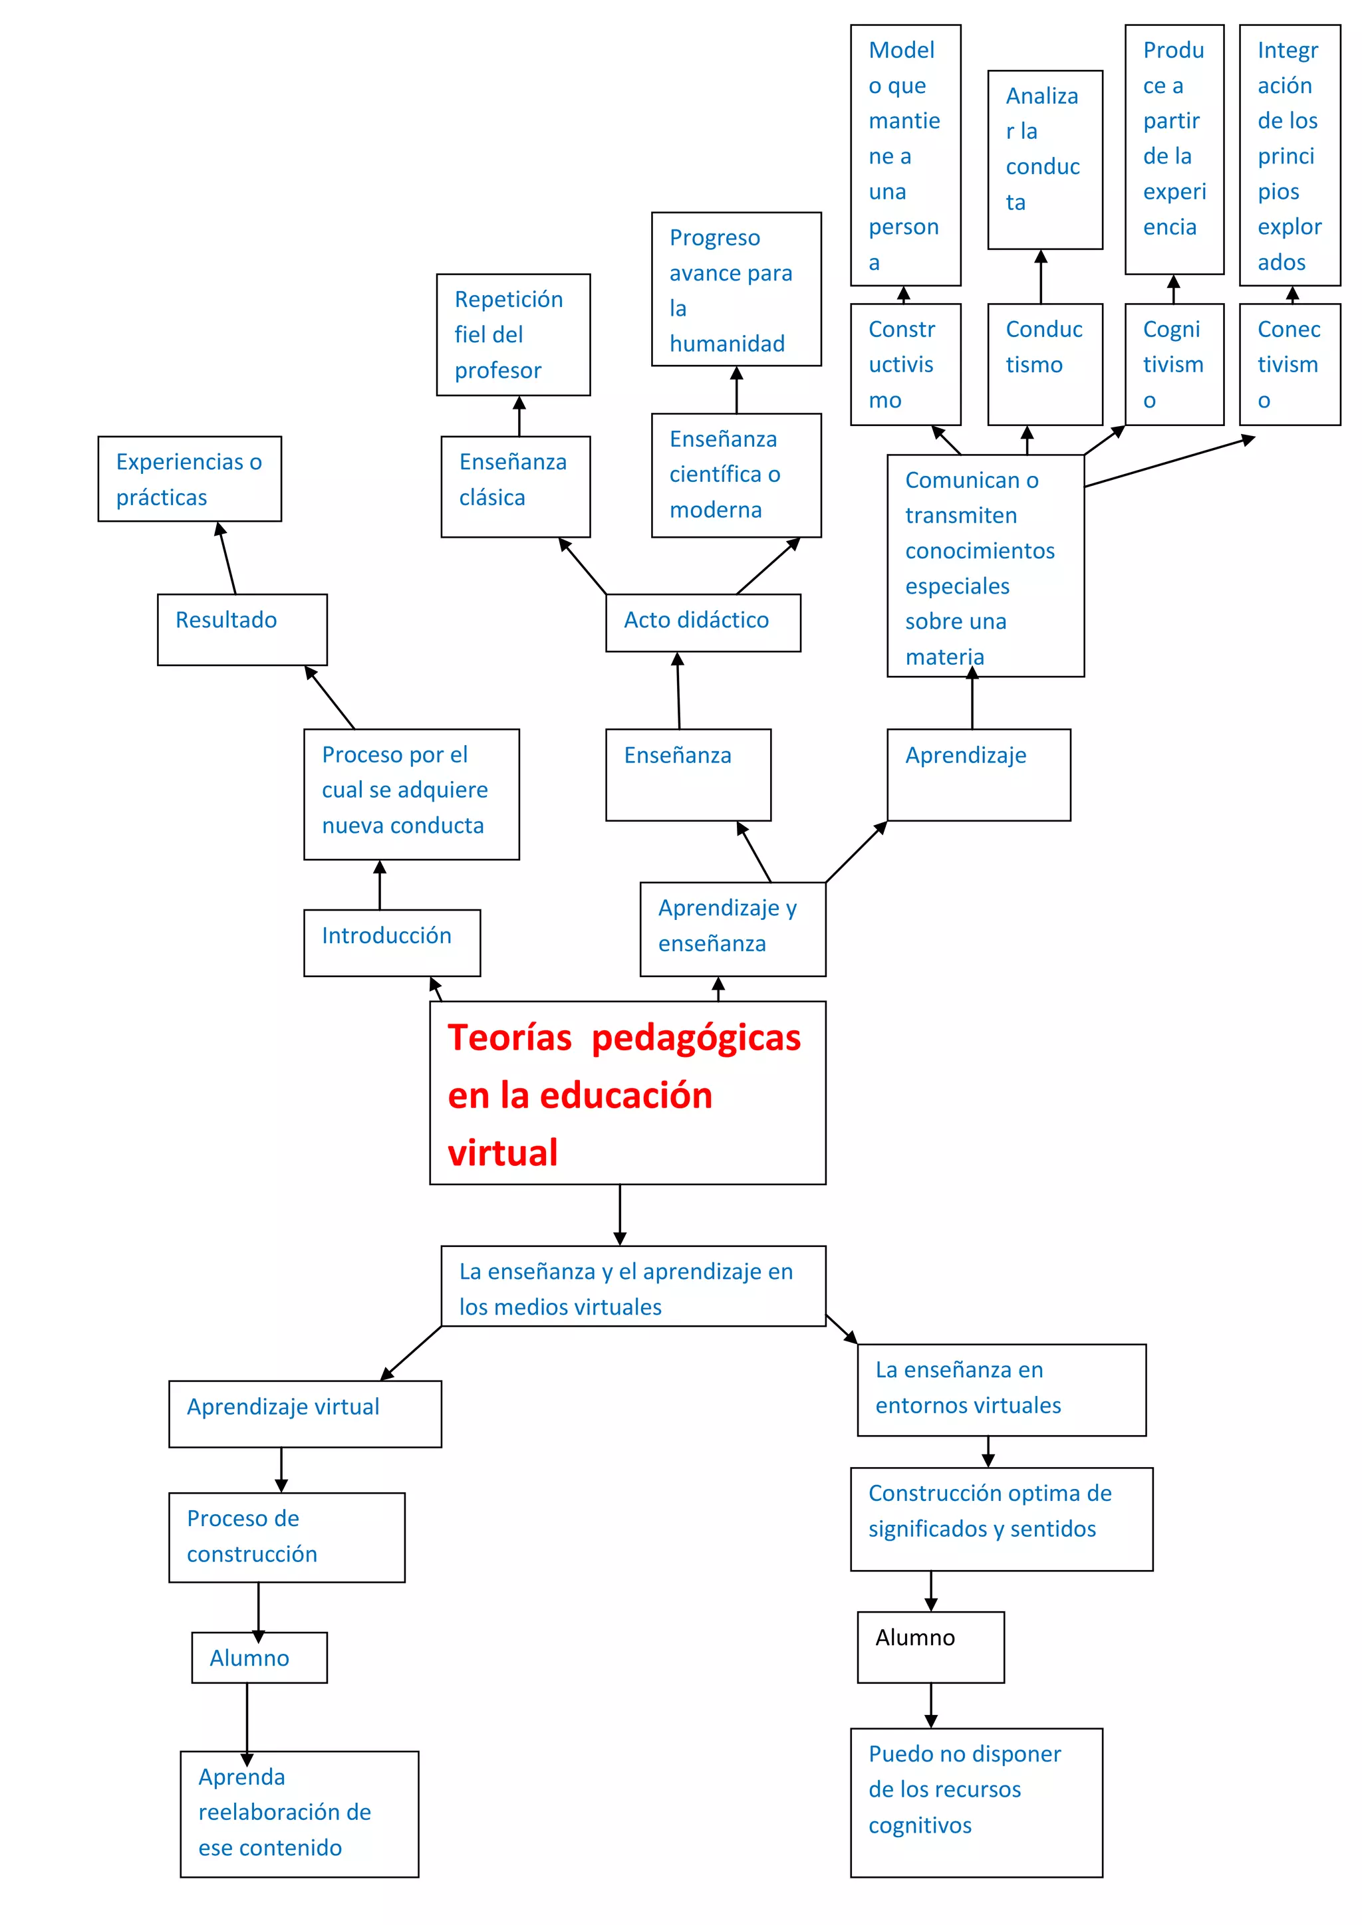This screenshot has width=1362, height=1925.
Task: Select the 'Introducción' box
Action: (x=392, y=943)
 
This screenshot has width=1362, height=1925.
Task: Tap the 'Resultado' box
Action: (x=241, y=629)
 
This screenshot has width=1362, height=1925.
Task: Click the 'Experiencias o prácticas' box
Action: (x=190, y=479)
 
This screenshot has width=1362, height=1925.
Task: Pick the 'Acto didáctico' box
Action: (x=703, y=622)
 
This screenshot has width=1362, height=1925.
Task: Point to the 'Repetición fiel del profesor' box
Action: (x=513, y=334)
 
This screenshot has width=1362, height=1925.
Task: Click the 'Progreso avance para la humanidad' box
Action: (x=736, y=289)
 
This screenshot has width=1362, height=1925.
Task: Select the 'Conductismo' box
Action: (x=1044, y=364)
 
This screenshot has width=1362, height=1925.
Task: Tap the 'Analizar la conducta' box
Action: (x=1044, y=160)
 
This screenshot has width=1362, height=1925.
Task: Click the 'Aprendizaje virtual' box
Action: (x=305, y=1414)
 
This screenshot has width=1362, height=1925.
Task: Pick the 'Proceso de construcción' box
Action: (x=286, y=1537)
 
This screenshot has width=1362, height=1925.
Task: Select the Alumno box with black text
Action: (x=930, y=1646)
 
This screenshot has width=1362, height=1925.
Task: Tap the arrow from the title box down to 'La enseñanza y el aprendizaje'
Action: (x=620, y=1214)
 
